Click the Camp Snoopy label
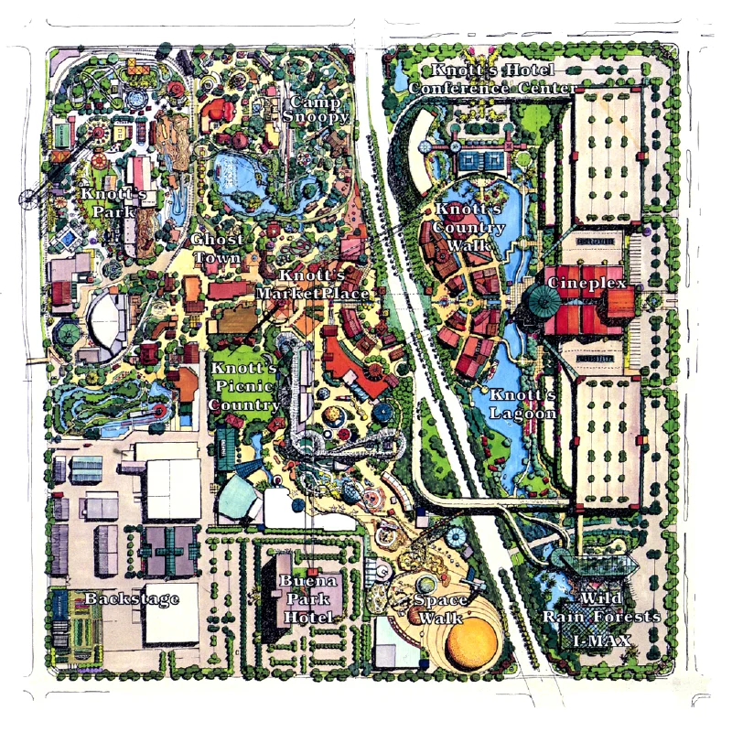[x=314, y=109]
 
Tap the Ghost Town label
[x=217, y=248]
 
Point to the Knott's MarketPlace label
[x=312, y=285]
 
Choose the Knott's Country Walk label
[x=468, y=227]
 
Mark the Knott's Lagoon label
[x=522, y=404]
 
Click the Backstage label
[x=131, y=598]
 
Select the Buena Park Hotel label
[x=307, y=599]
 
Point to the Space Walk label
[x=441, y=608]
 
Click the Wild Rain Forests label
[x=601, y=608]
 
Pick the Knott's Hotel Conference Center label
[x=492, y=80]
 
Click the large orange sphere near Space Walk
[x=474, y=643]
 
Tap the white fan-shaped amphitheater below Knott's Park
[x=108, y=316]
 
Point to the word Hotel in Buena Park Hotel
[x=307, y=618]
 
